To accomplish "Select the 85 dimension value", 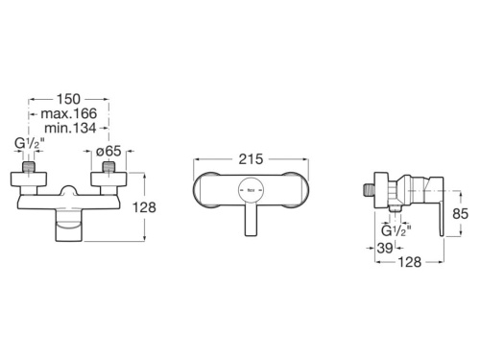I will (x=462, y=214).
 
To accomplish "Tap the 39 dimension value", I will (x=387, y=248).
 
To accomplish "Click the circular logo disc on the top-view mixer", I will (x=251, y=192).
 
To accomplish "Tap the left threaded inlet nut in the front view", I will (x=30, y=179).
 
